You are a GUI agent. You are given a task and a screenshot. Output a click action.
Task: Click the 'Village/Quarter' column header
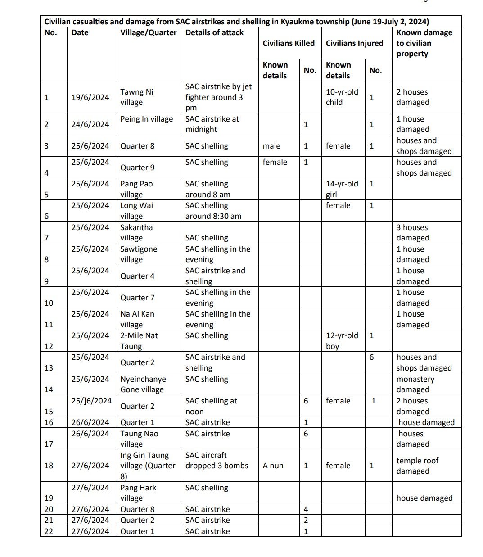click(x=148, y=33)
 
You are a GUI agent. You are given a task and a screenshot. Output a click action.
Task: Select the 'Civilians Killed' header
click(x=289, y=43)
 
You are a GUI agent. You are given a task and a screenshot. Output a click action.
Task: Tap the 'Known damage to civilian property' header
click(x=424, y=43)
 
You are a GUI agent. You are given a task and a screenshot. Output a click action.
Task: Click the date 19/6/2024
click(x=90, y=97)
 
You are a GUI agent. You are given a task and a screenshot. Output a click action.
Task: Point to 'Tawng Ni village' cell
click(x=136, y=97)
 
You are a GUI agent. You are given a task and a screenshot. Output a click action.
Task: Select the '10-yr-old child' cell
click(x=342, y=97)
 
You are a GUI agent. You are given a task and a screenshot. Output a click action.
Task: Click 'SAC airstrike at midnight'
click(x=212, y=124)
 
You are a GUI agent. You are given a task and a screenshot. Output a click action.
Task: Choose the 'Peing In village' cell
click(x=146, y=119)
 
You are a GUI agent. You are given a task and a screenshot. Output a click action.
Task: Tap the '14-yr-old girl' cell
click(x=342, y=189)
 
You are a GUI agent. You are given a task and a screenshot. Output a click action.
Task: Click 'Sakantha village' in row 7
click(x=136, y=232)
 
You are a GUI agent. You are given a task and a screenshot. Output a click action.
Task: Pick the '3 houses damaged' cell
click(x=412, y=232)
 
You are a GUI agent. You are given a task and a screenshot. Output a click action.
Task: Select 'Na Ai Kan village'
click(x=137, y=319)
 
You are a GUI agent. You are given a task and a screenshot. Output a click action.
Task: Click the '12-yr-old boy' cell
click(x=342, y=341)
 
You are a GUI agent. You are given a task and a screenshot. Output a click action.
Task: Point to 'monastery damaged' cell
click(x=415, y=384)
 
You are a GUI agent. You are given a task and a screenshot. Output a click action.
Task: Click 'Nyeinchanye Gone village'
click(x=143, y=384)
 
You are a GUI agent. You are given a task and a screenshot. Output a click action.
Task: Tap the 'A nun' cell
click(x=273, y=466)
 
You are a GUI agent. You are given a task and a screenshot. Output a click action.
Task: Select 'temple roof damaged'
click(x=417, y=466)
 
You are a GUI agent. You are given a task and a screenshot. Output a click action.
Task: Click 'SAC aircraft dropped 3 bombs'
click(x=217, y=461)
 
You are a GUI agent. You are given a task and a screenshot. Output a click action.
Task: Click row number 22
click(x=49, y=531)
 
